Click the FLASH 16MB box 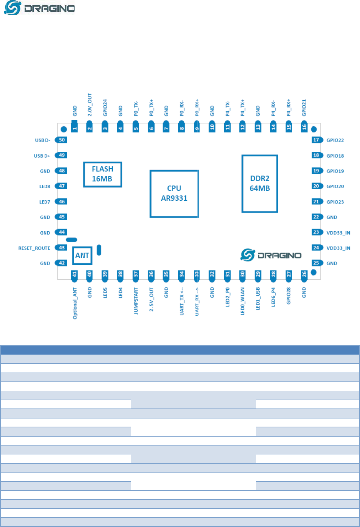102,174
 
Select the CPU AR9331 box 174,194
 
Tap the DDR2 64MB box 260,184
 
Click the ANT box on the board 82,255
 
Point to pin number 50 62,140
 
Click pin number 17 316,140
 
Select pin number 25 316,263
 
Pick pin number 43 62,248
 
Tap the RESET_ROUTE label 34,248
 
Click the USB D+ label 42,156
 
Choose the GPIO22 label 335,140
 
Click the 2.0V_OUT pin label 90,105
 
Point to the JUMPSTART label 136,301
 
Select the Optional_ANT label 75,303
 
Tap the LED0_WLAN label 243,301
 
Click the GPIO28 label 288,296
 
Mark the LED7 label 44,202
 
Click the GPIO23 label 335,202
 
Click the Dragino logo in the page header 39,8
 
